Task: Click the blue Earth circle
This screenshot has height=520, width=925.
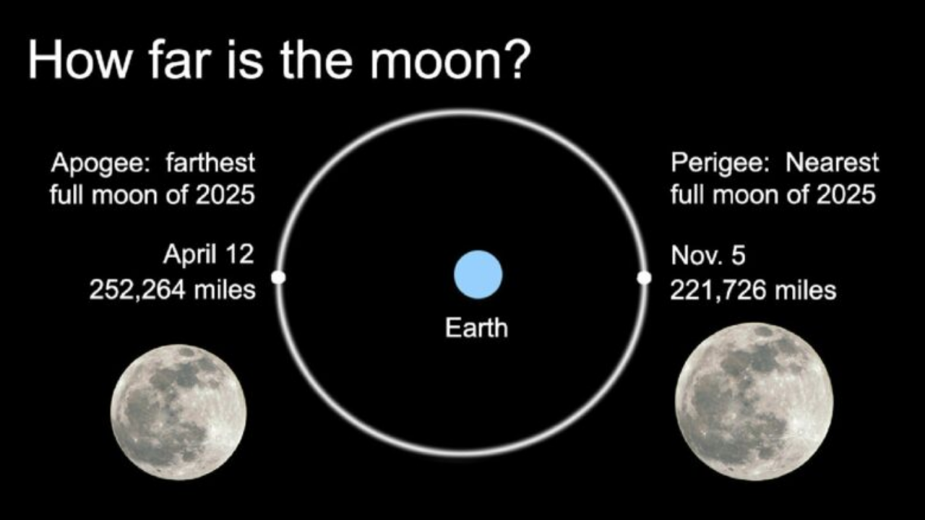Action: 478,274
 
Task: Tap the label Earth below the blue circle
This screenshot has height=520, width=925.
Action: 476,328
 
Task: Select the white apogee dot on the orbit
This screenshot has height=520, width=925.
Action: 279,277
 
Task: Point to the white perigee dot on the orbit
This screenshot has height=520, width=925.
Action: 644,278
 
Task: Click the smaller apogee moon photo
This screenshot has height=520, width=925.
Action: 178,412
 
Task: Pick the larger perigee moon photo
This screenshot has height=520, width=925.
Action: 754,402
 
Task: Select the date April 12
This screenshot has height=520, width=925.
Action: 209,255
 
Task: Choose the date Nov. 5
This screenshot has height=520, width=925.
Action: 708,256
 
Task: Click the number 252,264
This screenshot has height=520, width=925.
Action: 137,290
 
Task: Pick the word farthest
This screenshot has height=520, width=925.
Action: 210,162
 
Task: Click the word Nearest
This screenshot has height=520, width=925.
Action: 832,162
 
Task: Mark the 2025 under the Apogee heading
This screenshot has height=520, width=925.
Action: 225,195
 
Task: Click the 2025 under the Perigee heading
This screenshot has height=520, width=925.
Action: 846,195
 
